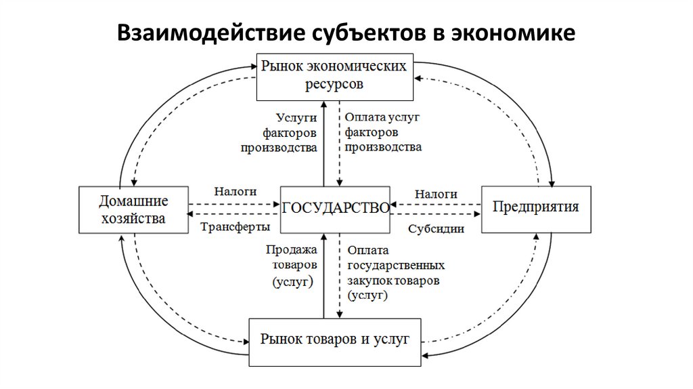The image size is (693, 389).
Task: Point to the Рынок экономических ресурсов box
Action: click(x=334, y=76)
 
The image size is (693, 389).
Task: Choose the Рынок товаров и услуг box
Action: click(x=336, y=340)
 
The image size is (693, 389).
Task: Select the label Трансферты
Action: click(x=236, y=226)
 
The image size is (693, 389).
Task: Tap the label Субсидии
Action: click(x=436, y=228)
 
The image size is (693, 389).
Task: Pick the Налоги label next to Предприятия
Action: click(x=435, y=193)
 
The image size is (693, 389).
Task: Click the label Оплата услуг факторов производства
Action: click(x=382, y=132)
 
